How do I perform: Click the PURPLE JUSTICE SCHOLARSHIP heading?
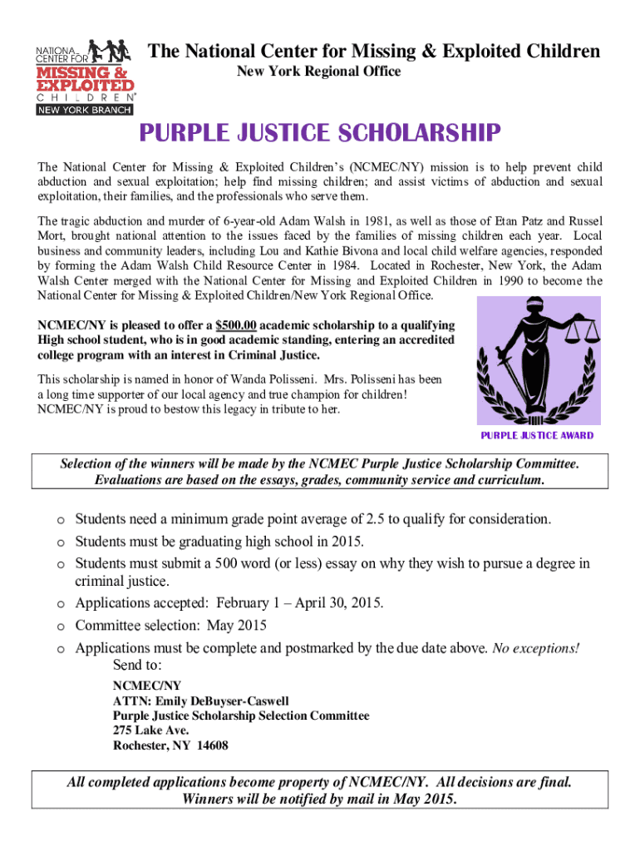(319, 133)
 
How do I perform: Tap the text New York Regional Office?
(319, 72)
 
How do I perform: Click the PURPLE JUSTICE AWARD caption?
(537, 435)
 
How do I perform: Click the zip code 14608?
(210, 745)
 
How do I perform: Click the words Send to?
(137, 666)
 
